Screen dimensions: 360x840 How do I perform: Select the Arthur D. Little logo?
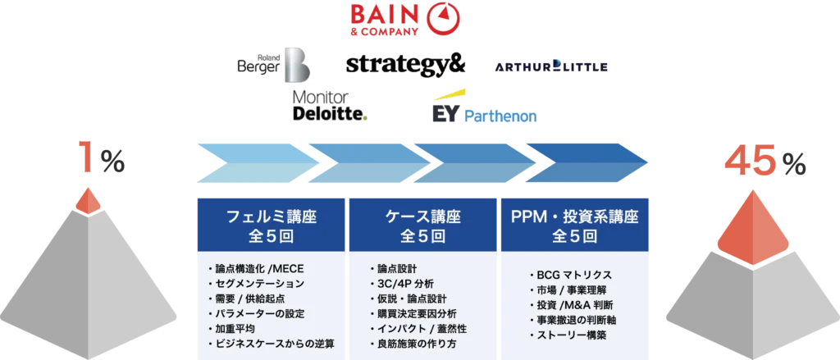point(550,66)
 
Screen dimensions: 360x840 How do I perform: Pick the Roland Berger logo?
point(270,63)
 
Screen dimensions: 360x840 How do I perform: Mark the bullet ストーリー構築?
point(571,335)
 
